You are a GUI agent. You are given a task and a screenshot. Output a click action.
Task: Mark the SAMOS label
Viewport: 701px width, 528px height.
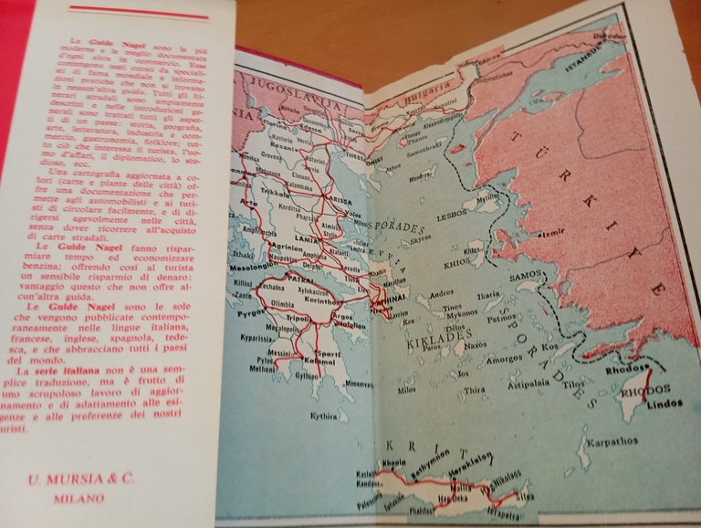pyautogui.click(x=528, y=277)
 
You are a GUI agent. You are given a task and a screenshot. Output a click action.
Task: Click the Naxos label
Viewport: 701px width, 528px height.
pyautogui.click(x=475, y=345)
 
